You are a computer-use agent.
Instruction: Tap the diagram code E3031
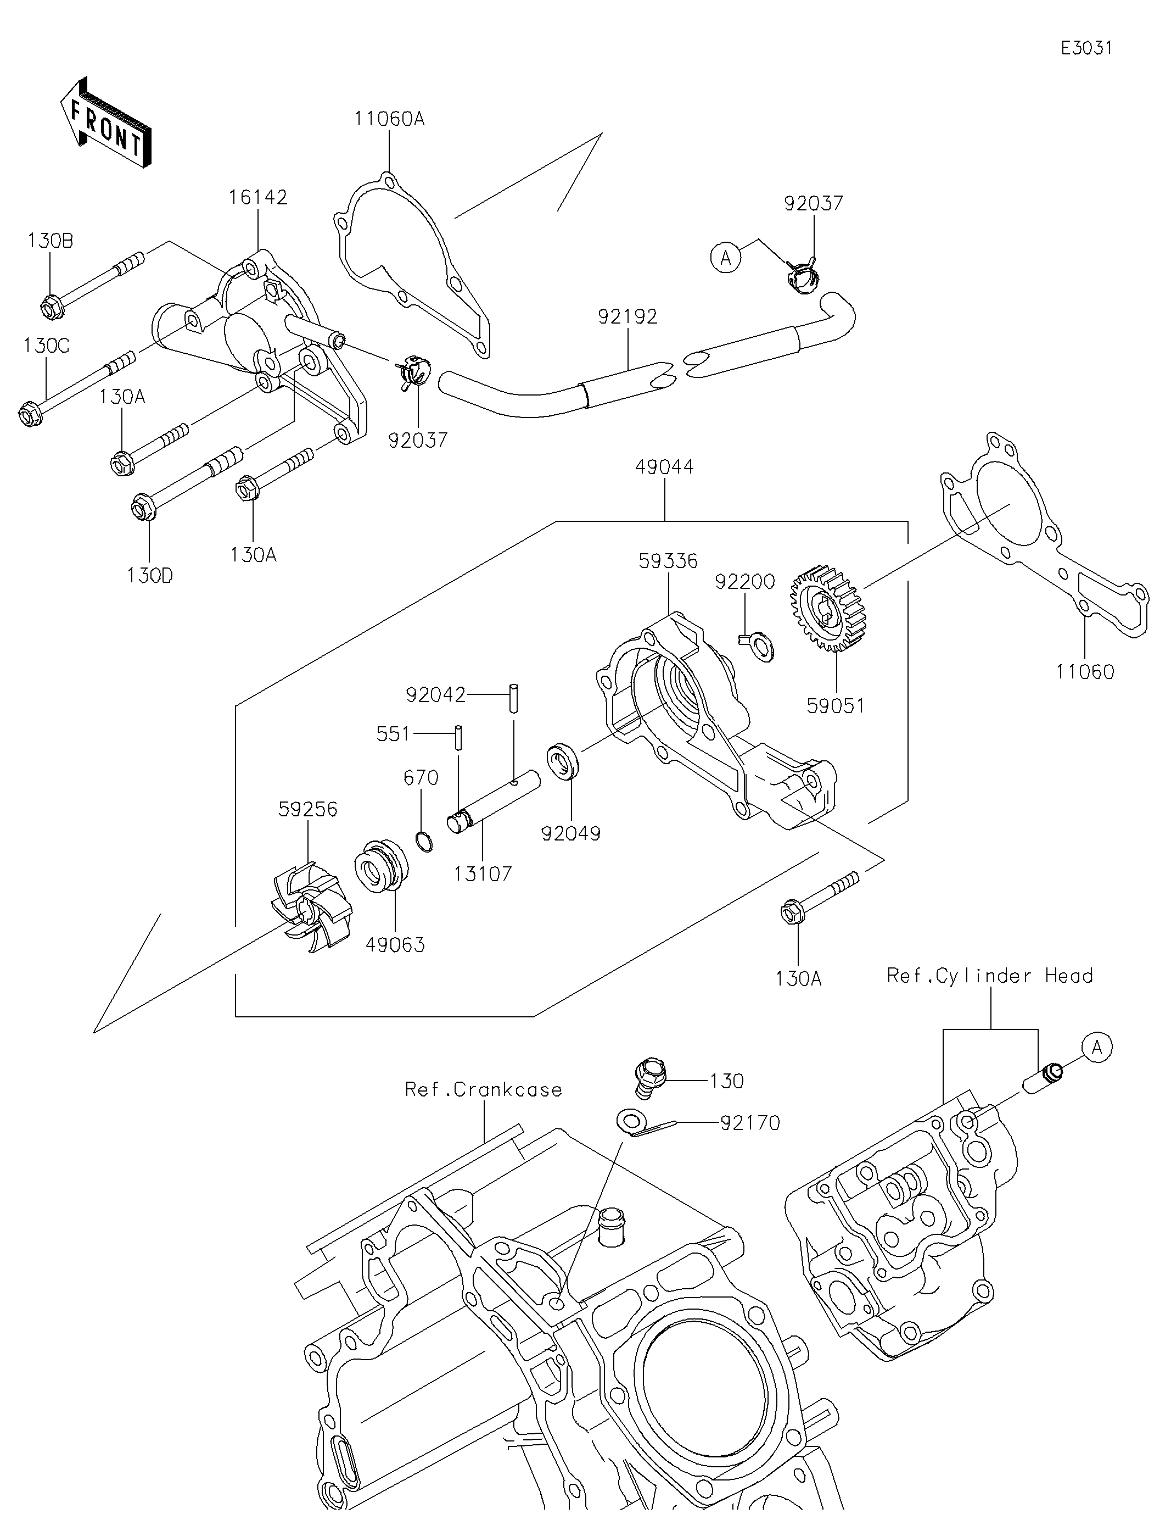[1086, 48]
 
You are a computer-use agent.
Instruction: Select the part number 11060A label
[389, 119]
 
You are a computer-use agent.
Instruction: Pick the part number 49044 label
[664, 467]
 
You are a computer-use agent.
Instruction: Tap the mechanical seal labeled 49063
[380, 866]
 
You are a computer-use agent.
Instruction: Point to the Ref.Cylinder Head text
[989, 976]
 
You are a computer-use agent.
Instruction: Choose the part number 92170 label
[750, 1122]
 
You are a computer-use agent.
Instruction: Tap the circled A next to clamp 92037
[725, 257]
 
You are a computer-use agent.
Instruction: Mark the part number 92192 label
[627, 317]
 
